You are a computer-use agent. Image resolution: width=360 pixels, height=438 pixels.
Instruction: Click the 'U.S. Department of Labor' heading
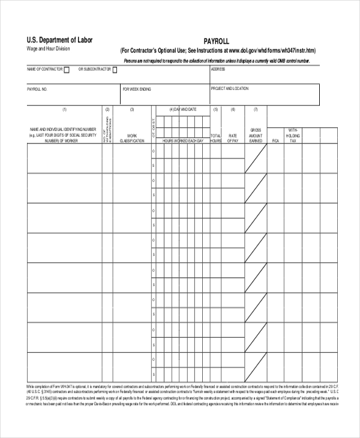[59, 40]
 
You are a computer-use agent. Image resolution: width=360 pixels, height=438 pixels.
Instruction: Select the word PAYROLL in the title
[217, 41]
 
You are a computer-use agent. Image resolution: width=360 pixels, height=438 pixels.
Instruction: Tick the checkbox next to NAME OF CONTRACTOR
[67, 70]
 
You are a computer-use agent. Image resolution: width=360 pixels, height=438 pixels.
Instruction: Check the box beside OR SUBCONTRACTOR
[115, 70]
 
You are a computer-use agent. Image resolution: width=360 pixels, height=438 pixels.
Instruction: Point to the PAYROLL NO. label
[37, 89]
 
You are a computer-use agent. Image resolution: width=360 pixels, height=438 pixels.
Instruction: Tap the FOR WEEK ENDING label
[137, 89]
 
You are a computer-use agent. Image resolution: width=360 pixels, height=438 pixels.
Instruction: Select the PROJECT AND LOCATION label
[229, 88]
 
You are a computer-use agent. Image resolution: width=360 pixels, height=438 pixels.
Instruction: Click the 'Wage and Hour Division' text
[48, 49]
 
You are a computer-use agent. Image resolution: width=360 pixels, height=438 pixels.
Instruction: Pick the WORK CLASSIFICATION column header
[132, 138]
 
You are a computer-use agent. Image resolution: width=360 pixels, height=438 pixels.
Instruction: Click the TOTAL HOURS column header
[215, 138]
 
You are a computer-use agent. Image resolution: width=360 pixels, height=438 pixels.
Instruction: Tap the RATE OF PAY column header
[233, 138]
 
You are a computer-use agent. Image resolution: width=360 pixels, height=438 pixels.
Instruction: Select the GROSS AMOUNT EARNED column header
[256, 135]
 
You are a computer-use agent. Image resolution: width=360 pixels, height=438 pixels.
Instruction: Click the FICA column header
[275, 140]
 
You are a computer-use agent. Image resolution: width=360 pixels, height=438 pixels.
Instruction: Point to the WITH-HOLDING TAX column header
[293, 135]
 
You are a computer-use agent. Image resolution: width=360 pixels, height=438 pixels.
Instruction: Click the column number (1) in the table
[64, 109]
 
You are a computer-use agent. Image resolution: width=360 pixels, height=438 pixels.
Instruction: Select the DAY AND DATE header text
[184, 109]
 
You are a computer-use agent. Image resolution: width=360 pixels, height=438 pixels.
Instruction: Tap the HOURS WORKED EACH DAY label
[184, 140]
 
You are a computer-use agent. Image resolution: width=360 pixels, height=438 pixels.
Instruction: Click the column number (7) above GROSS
[255, 109]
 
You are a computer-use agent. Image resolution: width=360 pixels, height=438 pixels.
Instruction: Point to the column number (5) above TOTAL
[215, 109]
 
